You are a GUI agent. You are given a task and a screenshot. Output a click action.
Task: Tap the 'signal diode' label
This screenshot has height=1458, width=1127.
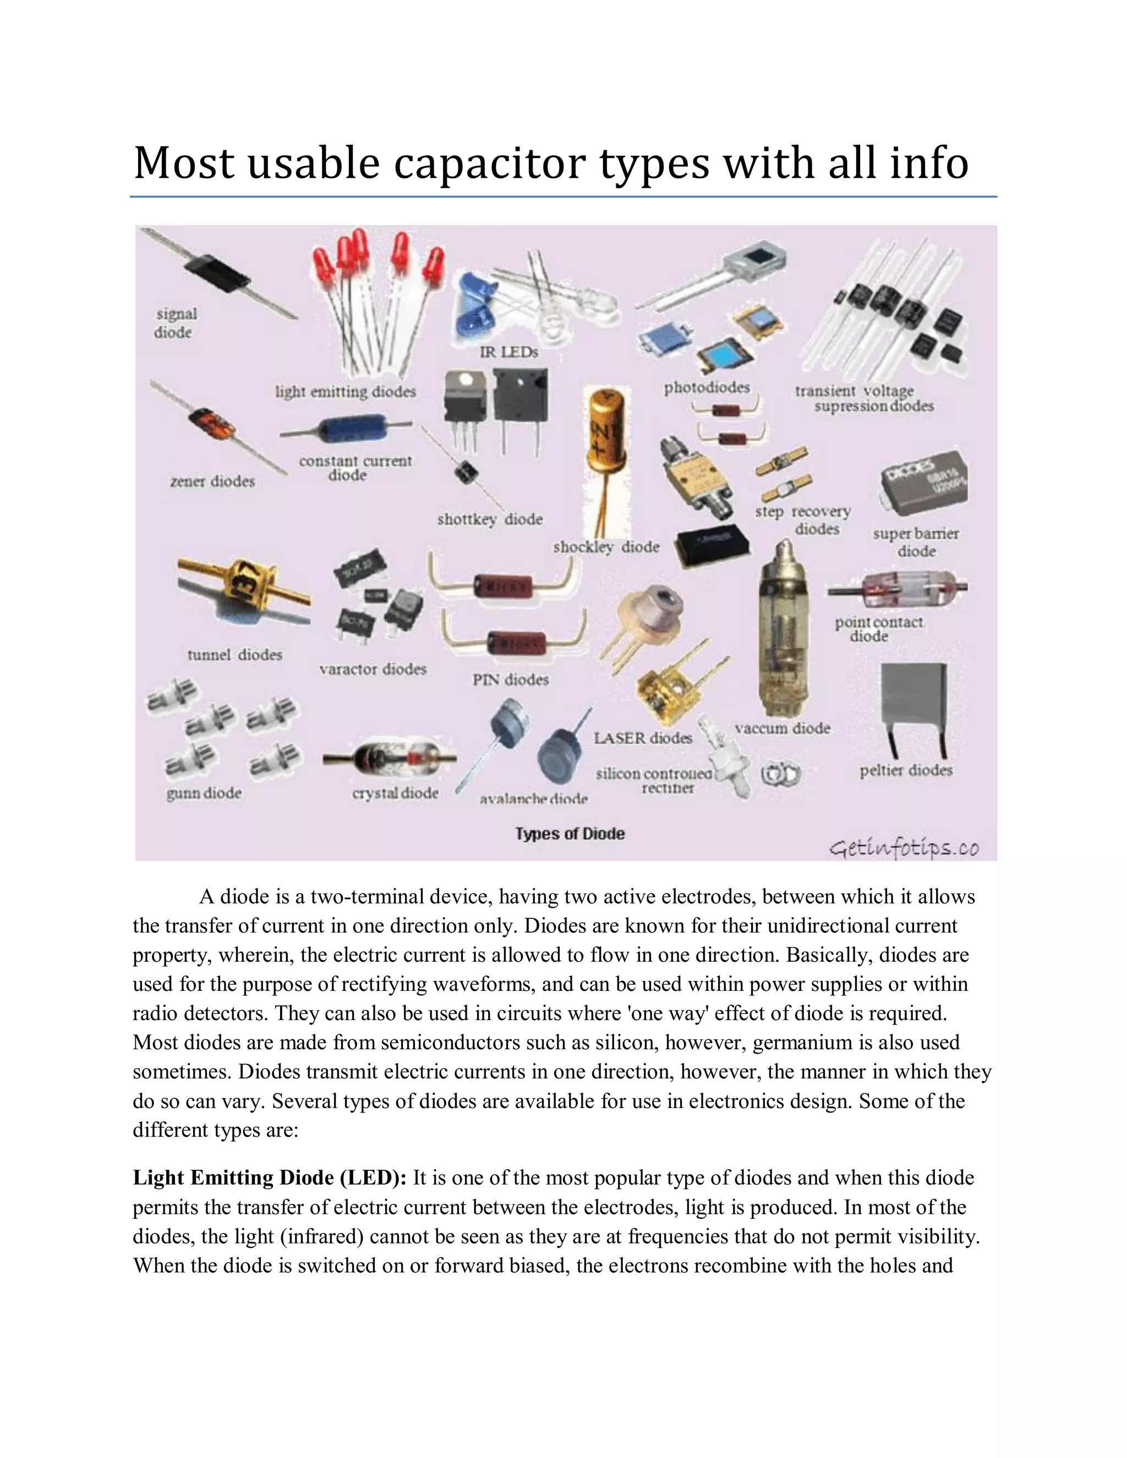(176, 323)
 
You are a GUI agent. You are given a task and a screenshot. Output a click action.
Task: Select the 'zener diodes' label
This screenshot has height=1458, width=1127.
(212, 481)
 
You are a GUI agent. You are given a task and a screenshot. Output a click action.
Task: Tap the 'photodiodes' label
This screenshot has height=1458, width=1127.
(707, 388)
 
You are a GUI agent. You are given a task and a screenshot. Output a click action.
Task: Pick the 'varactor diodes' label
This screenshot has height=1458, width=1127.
(373, 669)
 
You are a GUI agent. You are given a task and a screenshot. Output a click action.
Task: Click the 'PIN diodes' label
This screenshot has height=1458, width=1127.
(511, 679)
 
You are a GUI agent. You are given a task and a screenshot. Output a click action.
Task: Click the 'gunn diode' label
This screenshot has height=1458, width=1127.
(204, 793)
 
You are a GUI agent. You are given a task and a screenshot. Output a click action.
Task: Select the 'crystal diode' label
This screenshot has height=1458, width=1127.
(395, 793)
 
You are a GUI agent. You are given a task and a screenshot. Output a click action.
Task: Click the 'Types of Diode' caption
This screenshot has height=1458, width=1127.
(570, 834)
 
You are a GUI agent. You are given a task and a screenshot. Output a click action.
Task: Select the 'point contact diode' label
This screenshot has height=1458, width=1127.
(878, 629)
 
